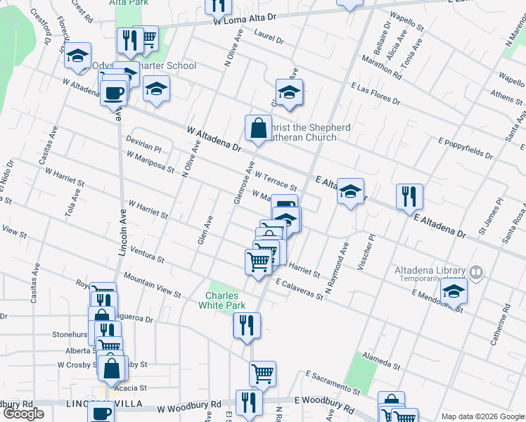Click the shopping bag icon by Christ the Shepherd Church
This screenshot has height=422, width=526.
[258, 128]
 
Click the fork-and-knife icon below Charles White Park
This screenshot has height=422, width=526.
[246, 326]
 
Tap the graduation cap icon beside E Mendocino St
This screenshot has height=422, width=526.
[454, 291]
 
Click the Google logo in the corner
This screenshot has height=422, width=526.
[23, 414]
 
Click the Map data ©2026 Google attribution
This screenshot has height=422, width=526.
[482, 416]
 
